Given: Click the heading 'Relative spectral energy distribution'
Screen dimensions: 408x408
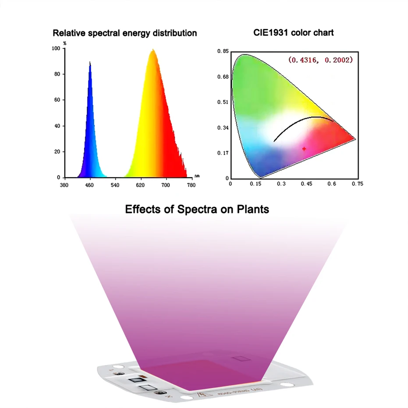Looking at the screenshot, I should tap(124, 33).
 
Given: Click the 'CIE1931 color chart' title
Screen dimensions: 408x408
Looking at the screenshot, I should tap(293, 32).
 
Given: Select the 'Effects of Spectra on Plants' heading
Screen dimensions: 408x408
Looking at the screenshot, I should tap(197, 209).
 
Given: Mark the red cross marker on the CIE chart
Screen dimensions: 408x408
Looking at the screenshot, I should tap(304, 149).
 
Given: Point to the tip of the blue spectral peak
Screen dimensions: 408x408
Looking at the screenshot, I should tap(90, 63).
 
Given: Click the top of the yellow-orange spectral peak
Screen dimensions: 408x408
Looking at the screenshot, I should tap(153, 50).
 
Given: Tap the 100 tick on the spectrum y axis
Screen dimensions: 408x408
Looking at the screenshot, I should tap(56, 49).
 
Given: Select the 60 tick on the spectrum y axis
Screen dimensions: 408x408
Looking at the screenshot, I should tap(57, 100).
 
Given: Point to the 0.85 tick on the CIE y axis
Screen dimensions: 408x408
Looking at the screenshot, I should tap(223, 52).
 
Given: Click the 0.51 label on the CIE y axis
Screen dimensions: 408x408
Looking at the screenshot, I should tap(223, 103).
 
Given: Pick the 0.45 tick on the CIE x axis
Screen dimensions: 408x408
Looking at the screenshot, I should tap(306, 184).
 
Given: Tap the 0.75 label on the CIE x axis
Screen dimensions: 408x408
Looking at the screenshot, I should tap(357, 184).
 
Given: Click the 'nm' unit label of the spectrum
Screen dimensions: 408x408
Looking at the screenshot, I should tap(197, 176).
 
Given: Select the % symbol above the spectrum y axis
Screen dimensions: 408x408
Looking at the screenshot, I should tap(65, 43).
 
